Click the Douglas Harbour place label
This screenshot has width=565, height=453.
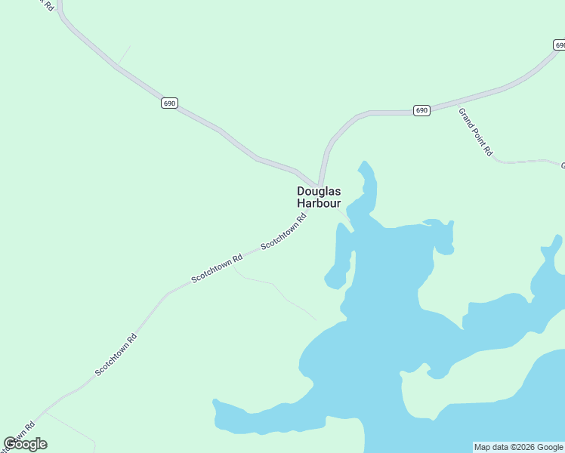click(318, 197)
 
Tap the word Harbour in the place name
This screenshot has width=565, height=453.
click(318, 204)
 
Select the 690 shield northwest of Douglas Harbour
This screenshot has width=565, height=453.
click(169, 103)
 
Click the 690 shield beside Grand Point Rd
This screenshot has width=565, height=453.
click(421, 110)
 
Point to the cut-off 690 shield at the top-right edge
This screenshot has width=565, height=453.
click(558, 45)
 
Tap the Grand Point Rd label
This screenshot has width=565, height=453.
click(475, 131)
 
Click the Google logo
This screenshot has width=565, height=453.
click(25, 444)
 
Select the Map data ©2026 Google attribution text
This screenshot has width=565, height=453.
click(517, 447)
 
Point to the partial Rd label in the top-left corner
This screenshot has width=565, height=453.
click(47, 5)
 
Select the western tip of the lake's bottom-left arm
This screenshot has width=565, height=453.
click(216, 404)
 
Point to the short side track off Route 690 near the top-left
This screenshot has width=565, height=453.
click(124, 54)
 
